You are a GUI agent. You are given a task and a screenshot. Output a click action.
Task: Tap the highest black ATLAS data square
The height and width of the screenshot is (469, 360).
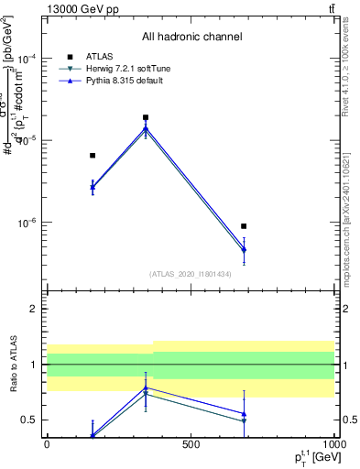(x=146, y=117)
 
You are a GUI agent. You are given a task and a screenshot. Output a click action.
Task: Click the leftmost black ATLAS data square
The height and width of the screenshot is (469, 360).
(x=93, y=156)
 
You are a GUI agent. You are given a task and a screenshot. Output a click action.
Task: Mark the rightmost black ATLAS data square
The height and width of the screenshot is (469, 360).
(x=244, y=226)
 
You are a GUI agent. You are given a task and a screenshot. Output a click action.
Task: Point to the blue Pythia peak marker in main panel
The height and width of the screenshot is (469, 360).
(x=146, y=127)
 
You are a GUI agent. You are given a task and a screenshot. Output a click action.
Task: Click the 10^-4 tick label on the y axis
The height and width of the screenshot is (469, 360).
(x=27, y=58)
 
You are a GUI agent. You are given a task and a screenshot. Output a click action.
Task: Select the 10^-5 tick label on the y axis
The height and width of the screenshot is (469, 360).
(x=27, y=140)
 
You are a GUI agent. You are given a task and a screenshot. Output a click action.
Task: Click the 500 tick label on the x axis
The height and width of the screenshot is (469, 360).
(x=191, y=443)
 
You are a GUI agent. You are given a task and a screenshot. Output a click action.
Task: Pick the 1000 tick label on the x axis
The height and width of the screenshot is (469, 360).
(x=333, y=443)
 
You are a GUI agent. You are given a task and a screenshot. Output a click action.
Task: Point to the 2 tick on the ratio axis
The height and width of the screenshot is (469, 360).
(x=35, y=310)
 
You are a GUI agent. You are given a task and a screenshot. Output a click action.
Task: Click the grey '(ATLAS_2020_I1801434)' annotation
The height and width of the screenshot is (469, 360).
(x=191, y=274)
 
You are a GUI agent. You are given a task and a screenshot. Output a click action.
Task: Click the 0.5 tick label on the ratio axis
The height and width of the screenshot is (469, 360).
(x=30, y=420)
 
